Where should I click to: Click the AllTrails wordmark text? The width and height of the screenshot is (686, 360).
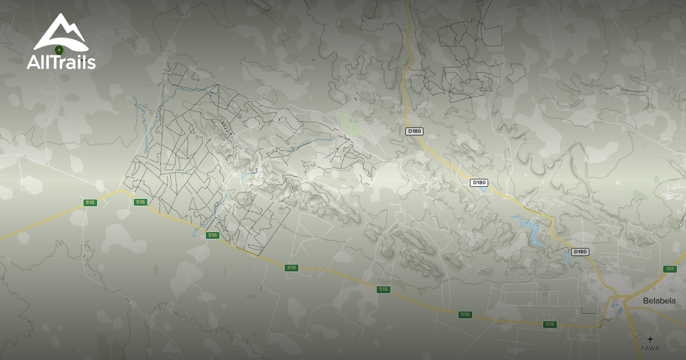click(61, 62)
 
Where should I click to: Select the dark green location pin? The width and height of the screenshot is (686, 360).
click(58, 50)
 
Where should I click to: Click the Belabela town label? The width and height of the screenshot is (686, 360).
click(659, 301)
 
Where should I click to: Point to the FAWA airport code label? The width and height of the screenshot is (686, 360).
click(650, 348)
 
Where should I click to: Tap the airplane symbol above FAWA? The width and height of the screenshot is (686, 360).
click(650, 340)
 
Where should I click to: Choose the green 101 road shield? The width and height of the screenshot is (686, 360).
click(670, 269)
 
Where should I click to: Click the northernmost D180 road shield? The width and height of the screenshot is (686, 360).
click(414, 131)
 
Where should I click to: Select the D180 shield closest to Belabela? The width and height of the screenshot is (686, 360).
click(580, 252)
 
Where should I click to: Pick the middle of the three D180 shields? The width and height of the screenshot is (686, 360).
click(479, 183)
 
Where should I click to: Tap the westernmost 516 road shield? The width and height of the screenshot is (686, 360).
click(90, 202)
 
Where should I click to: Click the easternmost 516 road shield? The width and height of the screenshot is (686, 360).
click(550, 325)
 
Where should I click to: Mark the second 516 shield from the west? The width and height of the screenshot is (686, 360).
click(141, 202)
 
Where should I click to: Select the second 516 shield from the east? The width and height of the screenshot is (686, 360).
click(465, 314)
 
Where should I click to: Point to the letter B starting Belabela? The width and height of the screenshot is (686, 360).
click(645, 301)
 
